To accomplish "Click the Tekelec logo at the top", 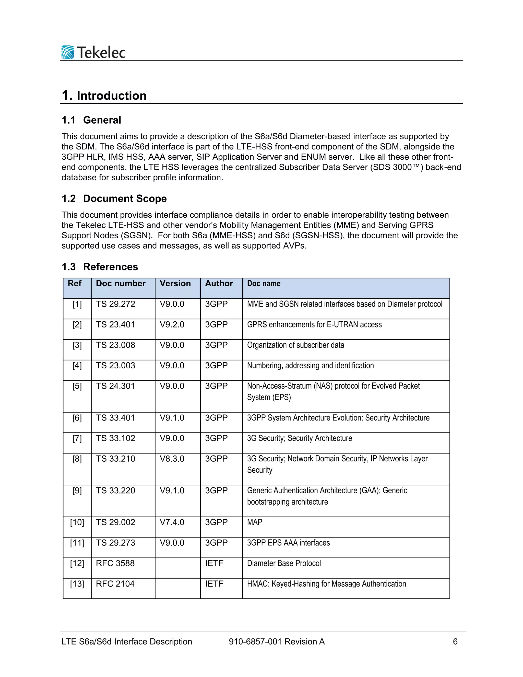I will (93, 52).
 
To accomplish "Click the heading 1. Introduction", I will (104, 96).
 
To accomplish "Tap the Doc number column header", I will (121, 283).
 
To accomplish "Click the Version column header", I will (175, 283).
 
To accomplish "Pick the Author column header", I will (219, 283).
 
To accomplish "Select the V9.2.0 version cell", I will (172, 324).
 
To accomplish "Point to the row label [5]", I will (77, 386).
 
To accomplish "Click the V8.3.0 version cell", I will (172, 459).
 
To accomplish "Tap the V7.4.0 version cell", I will (172, 522).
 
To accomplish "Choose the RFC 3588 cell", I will (115, 563).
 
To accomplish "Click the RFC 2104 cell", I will (115, 584).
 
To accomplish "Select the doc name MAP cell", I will (254, 522).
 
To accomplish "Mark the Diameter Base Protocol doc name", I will (284, 563).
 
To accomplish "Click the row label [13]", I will (77, 584).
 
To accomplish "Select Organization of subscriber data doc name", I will (295, 345).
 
